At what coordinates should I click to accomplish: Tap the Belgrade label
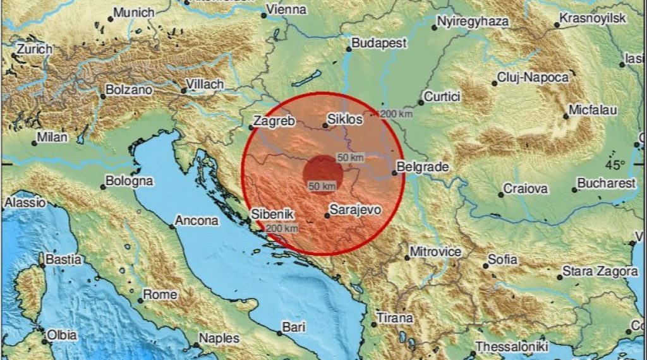(423, 167)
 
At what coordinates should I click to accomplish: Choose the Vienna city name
(286, 9)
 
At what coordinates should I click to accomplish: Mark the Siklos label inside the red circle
(346, 118)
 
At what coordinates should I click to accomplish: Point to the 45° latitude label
(614, 165)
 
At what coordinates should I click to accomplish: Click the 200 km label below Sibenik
(282, 228)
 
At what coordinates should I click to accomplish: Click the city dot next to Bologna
(103, 187)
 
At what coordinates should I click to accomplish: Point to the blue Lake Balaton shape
(305, 80)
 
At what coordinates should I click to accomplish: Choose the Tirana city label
(394, 318)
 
